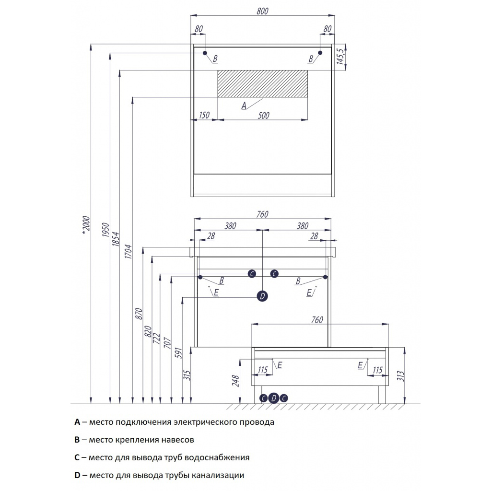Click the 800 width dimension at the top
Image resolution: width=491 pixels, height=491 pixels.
[x=262, y=12]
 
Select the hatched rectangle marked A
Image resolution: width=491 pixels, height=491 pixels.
[x=262, y=84]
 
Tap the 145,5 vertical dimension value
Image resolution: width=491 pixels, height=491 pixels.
[x=340, y=56]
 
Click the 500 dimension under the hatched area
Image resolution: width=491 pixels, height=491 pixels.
[x=263, y=115]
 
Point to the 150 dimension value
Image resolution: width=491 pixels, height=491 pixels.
[x=204, y=115]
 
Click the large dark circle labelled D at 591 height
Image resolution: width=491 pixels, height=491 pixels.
[x=262, y=296]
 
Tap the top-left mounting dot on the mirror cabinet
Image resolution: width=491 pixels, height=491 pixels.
[x=205, y=52]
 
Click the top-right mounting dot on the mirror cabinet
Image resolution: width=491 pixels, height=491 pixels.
[x=321, y=52]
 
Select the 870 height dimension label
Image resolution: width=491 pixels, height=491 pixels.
[x=140, y=314]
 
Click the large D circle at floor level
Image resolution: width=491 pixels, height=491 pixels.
[x=273, y=398]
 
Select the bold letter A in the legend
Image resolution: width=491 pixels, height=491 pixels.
[x=77, y=422]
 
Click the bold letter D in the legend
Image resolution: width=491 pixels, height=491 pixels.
[x=77, y=475]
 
